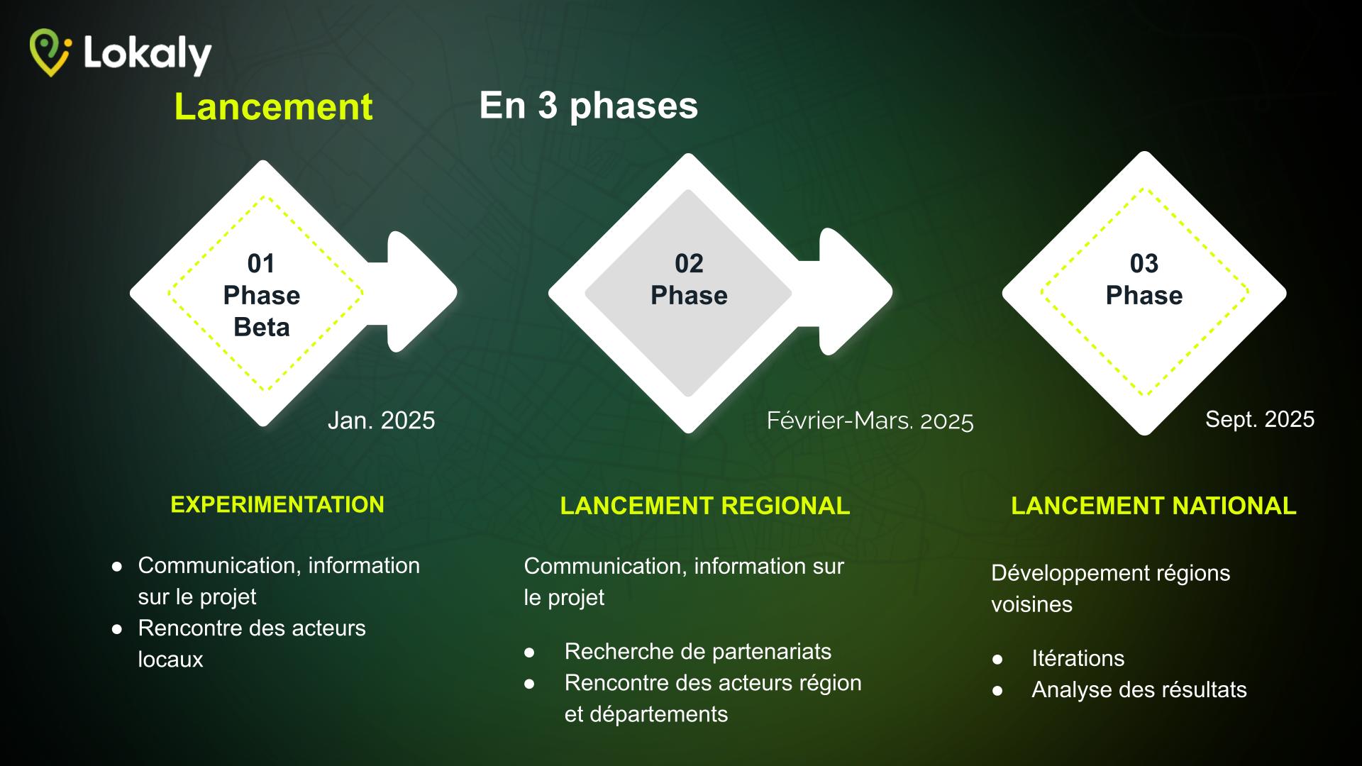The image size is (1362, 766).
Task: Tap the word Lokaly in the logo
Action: pos(148,54)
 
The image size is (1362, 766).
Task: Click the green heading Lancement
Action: pos(273,107)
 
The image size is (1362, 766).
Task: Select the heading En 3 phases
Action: pos(589,106)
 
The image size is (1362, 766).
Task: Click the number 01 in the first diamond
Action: pos(261,264)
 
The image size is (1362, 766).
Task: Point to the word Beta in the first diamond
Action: pos(262,328)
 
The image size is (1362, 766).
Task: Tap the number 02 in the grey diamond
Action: pos(689,264)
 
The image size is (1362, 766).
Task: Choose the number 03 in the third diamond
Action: pos(1144,264)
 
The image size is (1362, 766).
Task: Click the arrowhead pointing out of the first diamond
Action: pos(421,292)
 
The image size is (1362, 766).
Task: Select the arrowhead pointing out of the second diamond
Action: pos(856,292)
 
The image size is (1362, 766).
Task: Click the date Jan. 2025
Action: pos(381,421)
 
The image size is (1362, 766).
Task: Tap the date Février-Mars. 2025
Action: pos(870,421)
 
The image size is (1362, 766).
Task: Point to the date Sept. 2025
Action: pos(1260,419)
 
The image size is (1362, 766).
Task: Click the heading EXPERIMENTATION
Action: pos(277,504)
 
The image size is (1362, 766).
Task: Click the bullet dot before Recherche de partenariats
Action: pos(529,653)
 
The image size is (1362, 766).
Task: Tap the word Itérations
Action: pos(1078,658)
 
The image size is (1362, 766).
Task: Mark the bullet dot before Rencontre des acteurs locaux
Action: pos(117,629)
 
